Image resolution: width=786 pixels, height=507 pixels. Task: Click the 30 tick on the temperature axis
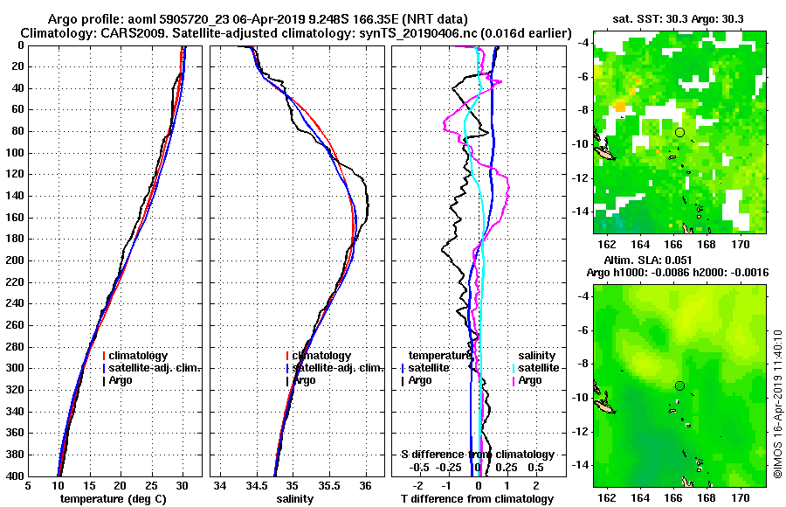point(182,486)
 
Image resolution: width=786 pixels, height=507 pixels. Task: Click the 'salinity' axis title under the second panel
point(296,499)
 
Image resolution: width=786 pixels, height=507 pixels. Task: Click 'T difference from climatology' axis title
point(477,499)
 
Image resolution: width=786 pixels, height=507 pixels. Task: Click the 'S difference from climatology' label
point(477,455)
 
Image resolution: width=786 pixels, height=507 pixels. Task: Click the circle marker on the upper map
point(679,132)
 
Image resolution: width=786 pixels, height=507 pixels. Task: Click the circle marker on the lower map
point(679,385)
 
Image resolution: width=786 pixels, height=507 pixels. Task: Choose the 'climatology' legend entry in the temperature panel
point(139,356)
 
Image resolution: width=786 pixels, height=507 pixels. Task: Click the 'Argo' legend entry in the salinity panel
point(305,380)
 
